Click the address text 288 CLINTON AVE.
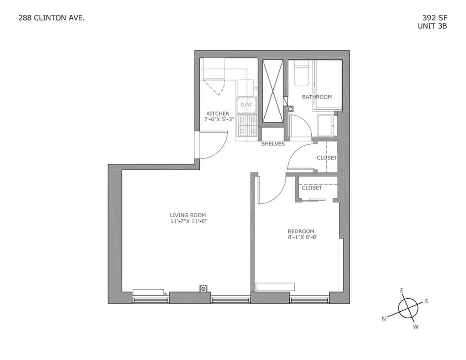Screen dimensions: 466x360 pyautogui.click(x=52, y=18)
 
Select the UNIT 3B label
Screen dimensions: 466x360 pyautogui.click(x=432, y=26)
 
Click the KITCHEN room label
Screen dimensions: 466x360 pyautogui.click(x=218, y=113)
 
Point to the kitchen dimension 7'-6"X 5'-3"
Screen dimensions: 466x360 pyautogui.click(x=219, y=120)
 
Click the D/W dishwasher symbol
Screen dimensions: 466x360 pyautogui.click(x=246, y=105)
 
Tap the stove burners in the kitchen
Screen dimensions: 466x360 pyautogui.click(x=247, y=125)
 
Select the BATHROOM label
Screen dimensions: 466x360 pyautogui.click(x=317, y=97)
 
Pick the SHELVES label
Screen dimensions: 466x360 pyautogui.click(x=273, y=144)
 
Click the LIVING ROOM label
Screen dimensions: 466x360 pyautogui.click(x=188, y=215)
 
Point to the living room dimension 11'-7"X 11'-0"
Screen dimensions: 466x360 pyautogui.click(x=188, y=221)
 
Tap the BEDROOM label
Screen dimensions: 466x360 pyautogui.click(x=301, y=231)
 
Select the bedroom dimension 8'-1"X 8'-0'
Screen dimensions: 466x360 pyautogui.click(x=301, y=237)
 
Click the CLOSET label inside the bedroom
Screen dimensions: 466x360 pyautogui.click(x=312, y=188)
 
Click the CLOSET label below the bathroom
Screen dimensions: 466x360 pyautogui.click(x=327, y=158)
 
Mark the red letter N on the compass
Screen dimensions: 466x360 pyautogui.click(x=384, y=319)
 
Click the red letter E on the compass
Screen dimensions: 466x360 pyautogui.click(x=401, y=291)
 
